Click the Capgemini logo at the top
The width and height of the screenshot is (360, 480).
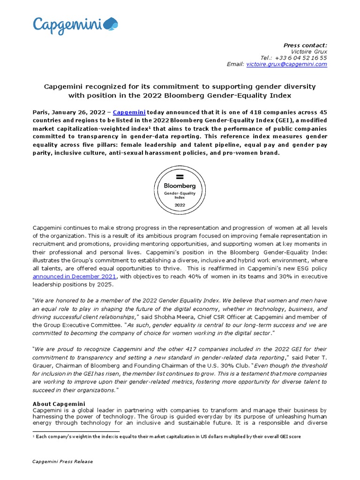(x=75, y=25)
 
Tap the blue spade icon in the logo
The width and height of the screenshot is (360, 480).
(x=112, y=23)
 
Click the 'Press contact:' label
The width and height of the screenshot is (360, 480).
(x=306, y=45)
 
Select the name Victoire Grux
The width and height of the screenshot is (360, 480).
(x=309, y=52)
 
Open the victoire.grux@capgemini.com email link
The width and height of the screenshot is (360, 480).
(x=286, y=64)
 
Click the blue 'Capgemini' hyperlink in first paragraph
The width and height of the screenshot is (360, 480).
(x=129, y=112)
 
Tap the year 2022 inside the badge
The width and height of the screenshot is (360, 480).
(x=180, y=205)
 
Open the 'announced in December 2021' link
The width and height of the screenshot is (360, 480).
(x=74, y=277)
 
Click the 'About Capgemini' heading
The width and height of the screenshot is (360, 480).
(x=59, y=404)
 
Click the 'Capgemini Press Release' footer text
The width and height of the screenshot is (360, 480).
(x=62, y=462)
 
